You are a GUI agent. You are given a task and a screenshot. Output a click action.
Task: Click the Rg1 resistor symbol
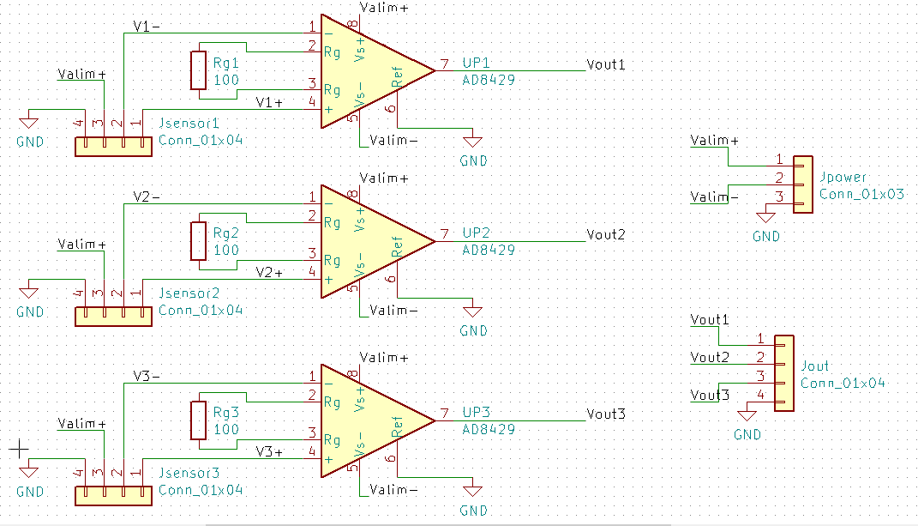(x=199, y=71)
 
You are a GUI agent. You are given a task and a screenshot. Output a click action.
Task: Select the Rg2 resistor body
(x=199, y=241)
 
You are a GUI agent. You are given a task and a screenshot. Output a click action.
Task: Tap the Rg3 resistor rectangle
(x=199, y=420)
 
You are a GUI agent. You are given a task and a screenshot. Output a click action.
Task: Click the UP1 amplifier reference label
(x=476, y=64)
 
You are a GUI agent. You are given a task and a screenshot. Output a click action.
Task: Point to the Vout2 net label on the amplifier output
(x=606, y=234)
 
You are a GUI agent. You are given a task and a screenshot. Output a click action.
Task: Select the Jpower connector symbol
(x=803, y=184)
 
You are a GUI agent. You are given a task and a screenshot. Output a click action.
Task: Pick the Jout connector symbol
(x=784, y=373)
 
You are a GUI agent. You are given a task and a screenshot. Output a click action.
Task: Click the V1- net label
(x=147, y=27)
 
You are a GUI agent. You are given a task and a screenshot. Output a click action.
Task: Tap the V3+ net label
(x=270, y=452)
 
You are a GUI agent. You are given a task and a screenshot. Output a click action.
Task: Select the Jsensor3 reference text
(x=189, y=474)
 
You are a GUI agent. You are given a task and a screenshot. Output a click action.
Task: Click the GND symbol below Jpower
(x=766, y=219)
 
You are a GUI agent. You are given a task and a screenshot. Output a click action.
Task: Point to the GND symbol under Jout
(x=747, y=417)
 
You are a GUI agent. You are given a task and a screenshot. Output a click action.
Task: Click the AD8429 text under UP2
(x=489, y=251)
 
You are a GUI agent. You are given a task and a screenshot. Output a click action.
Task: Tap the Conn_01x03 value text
(x=861, y=194)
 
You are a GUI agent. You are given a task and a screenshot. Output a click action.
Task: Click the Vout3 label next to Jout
(x=710, y=396)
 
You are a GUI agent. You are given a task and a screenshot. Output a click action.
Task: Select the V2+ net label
(x=270, y=273)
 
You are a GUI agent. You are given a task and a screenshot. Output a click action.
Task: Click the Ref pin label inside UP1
(x=398, y=78)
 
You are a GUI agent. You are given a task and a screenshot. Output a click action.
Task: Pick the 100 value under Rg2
(x=226, y=251)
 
